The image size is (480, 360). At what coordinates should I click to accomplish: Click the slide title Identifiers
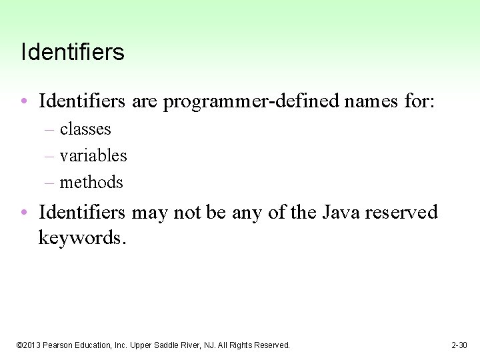tap(73, 52)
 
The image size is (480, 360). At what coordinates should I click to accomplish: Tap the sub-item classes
tap(85, 129)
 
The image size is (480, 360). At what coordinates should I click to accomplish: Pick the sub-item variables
tap(93, 155)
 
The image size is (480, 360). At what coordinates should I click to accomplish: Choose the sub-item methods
tap(91, 182)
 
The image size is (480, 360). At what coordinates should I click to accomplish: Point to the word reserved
tap(401, 212)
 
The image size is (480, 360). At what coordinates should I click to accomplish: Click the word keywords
tap(81, 238)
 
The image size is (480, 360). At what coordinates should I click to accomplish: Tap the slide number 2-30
tap(459, 345)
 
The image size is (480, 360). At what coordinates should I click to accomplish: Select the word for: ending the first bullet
tap(419, 102)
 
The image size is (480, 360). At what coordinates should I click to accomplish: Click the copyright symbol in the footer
tap(19, 345)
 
